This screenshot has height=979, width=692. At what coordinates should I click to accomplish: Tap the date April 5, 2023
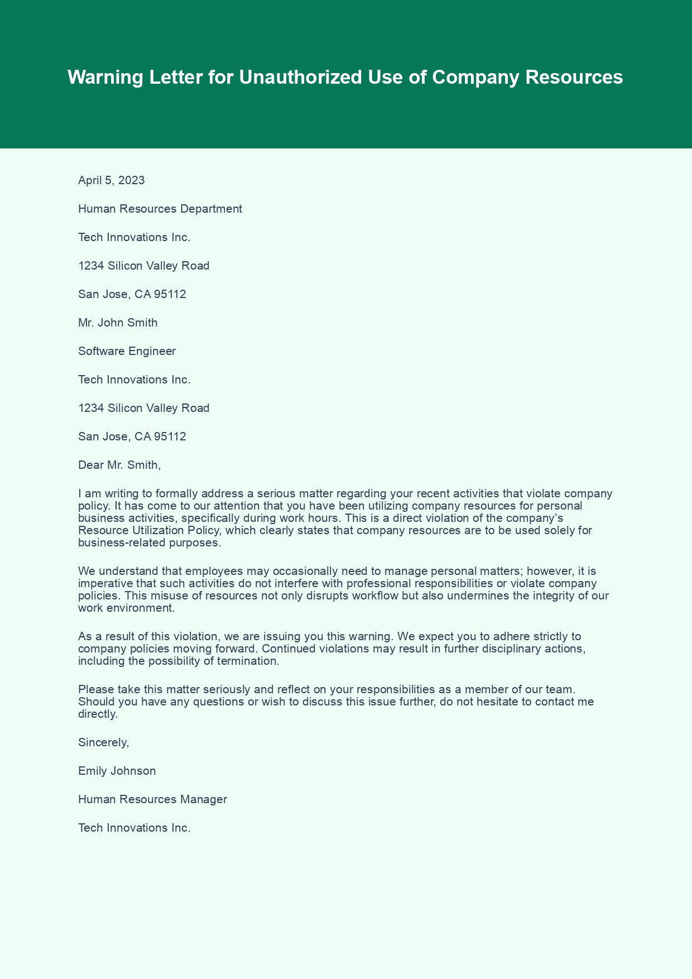[112, 180]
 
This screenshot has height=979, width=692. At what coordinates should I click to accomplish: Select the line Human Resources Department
[160, 209]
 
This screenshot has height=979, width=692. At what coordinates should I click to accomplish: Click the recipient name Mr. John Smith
[118, 323]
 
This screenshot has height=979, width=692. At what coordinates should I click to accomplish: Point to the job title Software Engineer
[127, 351]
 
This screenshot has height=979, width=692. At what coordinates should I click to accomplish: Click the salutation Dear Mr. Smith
[119, 464]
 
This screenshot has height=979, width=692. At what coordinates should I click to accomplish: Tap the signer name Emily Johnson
[117, 771]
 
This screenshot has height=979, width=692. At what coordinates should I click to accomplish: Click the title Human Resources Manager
[152, 799]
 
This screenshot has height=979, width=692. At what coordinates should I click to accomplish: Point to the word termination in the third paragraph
[251, 661]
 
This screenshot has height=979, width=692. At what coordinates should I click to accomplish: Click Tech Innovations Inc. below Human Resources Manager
[134, 828]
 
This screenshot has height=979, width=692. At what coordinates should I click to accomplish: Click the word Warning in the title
[104, 78]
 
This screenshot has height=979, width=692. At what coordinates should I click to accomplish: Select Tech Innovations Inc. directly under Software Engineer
[134, 380]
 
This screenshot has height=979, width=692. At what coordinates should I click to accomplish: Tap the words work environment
[126, 608]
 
